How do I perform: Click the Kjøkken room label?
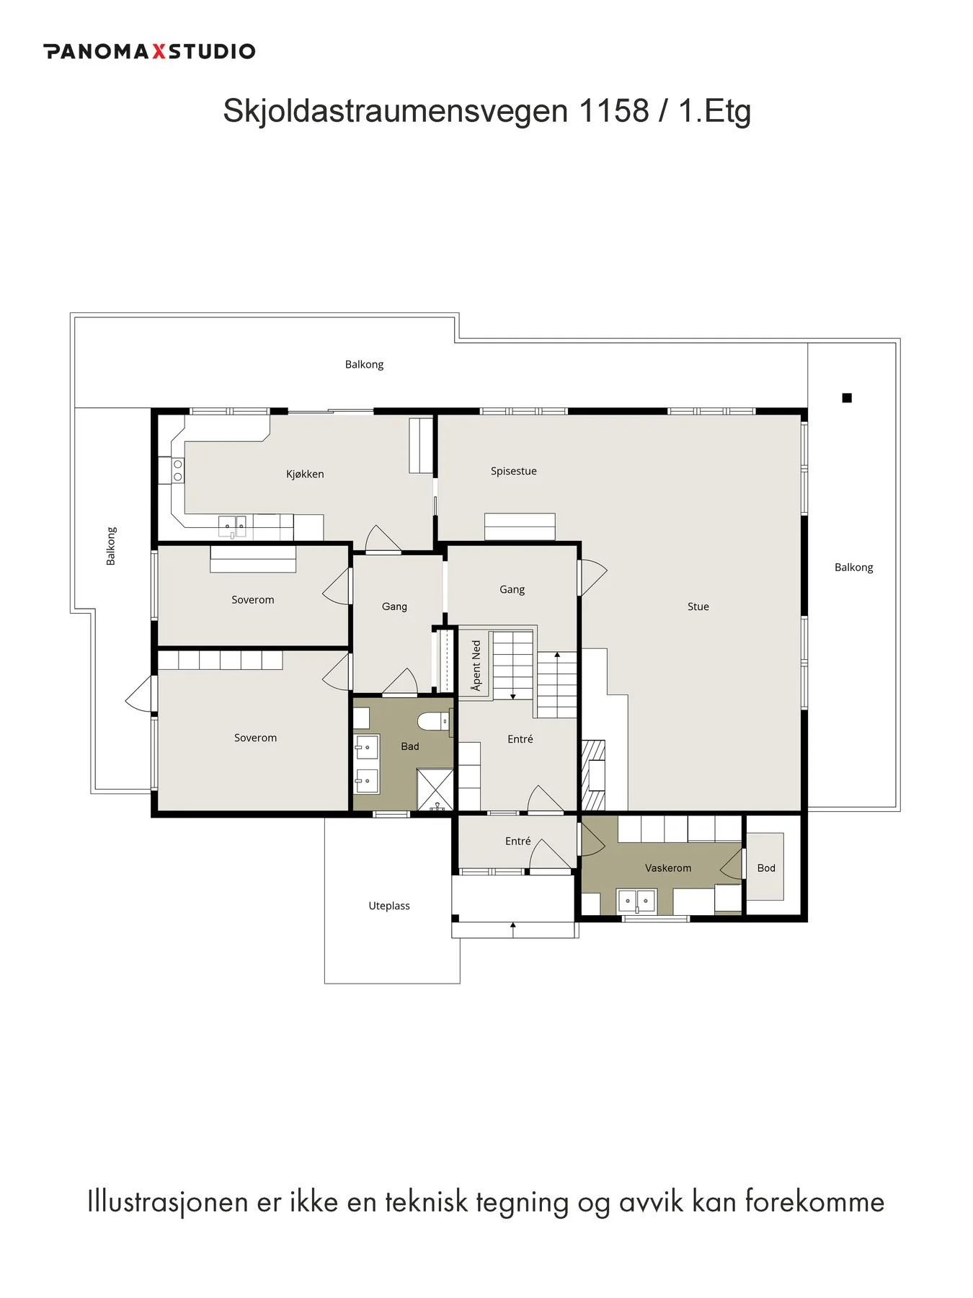pyautogui.click(x=305, y=474)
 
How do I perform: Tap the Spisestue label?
pyautogui.click(x=513, y=472)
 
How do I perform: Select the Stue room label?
pyautogui.click(x=698, y=606)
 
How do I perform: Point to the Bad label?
pyautogui.click(x=409, y=746)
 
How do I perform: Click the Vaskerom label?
pyautogui.click(x=667, y=868)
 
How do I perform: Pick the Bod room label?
pyautogui.click(x=765, y=868)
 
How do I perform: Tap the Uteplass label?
pyautogui.click(x=388, y=906)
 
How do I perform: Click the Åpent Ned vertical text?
pyautogui.click(x=476, y=666)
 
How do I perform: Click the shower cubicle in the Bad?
pyautogui.click(x=435, y=790)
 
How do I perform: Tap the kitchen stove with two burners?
pyautogui.click(x=177, y=470)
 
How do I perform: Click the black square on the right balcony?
pyautogui.click(x=847, y=397)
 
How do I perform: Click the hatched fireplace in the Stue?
pyautogui.click(x=593, y=775)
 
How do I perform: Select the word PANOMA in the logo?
pyautogui.click(x=97, y=51)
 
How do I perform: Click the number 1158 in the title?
pyautogui.click(x=613, y=110)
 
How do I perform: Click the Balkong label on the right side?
pyautogui.click(x=853, y=568)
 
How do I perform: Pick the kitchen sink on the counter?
pyautogui.click(x=232, y=526)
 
